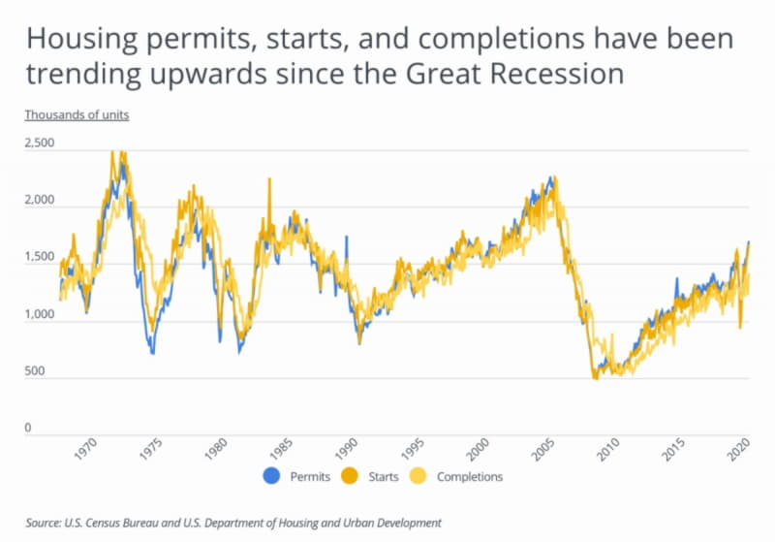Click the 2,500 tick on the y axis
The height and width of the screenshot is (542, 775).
[x=40, y=143]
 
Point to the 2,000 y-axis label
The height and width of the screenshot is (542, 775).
[x=40, y=200]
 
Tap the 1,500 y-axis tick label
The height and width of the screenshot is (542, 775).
[x=40, y=257]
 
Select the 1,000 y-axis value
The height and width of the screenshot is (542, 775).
[x=40, y=314]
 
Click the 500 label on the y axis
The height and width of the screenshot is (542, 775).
[x=35, y=371]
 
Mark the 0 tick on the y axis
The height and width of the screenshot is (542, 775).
[x=28, y=428]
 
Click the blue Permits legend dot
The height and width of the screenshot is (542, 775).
[x=270, y=476]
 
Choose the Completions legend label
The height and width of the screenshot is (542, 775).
[x=469, y=477]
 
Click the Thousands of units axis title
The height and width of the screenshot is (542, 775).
[x=77, y=114]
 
